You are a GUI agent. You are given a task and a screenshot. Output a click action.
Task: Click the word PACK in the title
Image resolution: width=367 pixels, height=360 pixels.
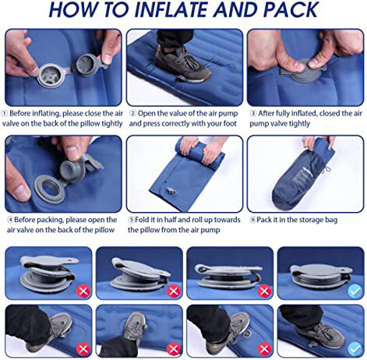(291, 10)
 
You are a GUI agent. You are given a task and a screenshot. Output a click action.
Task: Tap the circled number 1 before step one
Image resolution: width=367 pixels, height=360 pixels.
(5, 114)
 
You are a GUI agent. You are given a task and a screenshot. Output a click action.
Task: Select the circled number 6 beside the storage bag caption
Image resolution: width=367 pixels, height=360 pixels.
(252, 220)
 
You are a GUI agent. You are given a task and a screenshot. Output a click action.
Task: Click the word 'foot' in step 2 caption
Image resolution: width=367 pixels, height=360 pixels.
(229, 123)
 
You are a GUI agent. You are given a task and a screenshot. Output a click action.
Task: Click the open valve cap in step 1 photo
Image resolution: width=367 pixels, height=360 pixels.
(88, 65)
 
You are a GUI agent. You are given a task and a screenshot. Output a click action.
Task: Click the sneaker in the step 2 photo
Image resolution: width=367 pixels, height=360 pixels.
(182, 65)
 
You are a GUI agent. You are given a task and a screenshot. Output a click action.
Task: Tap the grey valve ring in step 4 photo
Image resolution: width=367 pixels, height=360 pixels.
(49, 188)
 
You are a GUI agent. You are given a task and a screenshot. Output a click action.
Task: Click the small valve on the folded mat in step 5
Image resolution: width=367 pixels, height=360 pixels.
(171, 192)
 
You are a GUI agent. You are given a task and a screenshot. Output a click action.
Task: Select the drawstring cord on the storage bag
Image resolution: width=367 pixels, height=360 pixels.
(326, 166)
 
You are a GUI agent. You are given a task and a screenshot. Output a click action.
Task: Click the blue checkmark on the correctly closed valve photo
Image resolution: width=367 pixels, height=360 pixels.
(355, 291)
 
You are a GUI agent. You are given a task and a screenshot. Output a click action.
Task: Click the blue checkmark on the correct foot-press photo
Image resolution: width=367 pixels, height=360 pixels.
(355, 349)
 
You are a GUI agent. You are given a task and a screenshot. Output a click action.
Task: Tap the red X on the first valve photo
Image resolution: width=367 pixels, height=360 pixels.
(83, 291)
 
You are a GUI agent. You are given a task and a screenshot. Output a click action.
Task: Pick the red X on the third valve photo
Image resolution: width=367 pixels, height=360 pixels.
(264, 291)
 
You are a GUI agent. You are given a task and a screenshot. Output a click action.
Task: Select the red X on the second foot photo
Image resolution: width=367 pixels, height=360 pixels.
(174, 349)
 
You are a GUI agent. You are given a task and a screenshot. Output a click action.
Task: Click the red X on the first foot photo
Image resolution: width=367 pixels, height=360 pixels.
(83, 349)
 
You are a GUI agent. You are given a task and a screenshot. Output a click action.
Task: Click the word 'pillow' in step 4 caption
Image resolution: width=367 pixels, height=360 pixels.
(104, 230)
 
